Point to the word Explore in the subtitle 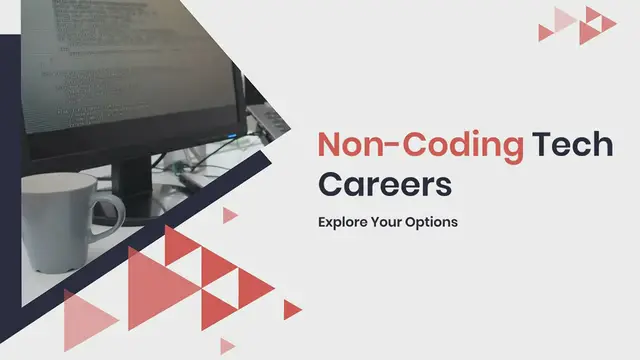pyautogui.click(x=343, y=221)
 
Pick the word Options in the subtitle pyautogui.click(x=433, y=221)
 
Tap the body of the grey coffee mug pyautogui.click(x=58, y=220)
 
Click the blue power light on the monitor pyautogui.click(x=231, y=136)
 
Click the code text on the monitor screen pyautogui.click(x=100, y=60)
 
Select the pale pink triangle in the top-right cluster pyautogui.click(x=566, y=17)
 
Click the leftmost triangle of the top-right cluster pyautogui.click(x=546, y=31)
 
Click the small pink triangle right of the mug pyautogui.click(x=229, y=215)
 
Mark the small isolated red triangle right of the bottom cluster pyautogui.click(x=291, y=309)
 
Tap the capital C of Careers pyautogui.click(x=332, y=185)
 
